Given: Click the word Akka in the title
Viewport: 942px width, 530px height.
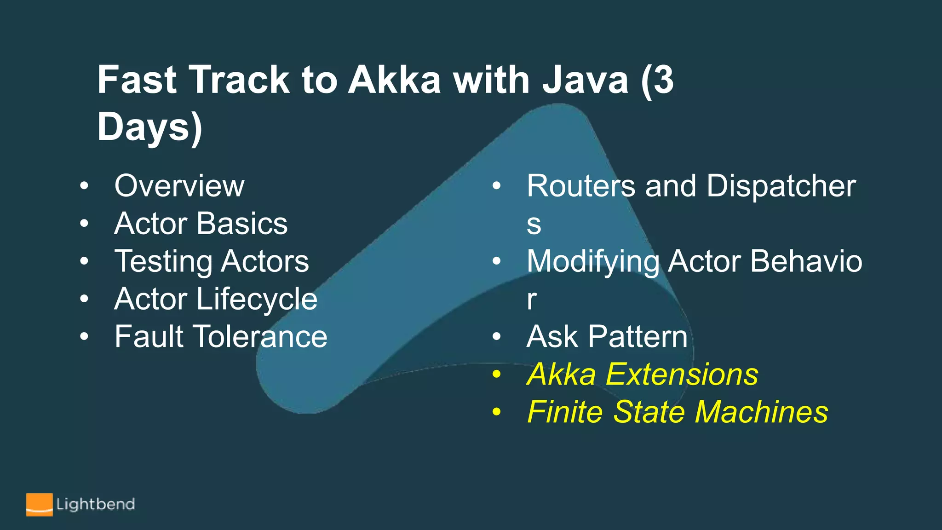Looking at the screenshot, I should (x=394, y=80).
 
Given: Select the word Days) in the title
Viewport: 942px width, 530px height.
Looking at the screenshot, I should (x=149, y=127).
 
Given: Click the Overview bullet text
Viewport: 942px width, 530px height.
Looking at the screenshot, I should (x=179, y=186).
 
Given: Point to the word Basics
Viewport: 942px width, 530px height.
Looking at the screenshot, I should (x=243, y=224).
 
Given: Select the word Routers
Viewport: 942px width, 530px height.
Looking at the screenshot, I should (x=581, y=186).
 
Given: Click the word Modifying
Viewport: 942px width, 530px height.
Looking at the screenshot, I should (x=593, y=262).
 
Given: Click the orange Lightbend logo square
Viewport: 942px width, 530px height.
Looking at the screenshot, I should (x=39, y=505).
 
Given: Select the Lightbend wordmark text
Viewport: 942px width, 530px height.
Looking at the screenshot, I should (x=96, y=505).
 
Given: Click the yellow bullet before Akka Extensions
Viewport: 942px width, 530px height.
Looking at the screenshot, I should (x=496, y=374).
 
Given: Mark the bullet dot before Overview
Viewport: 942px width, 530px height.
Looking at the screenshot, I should (x=84, y=186).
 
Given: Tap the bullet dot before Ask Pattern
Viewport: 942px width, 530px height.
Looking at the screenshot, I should (x=496, y=336).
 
